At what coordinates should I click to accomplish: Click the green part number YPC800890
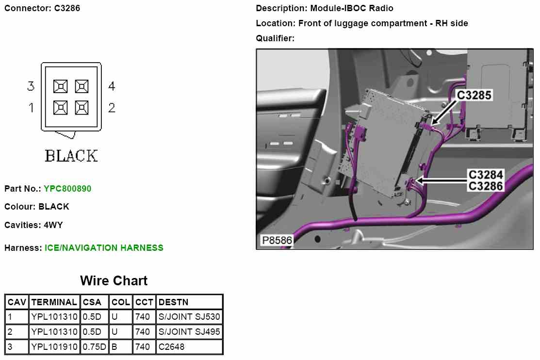pos(67,188)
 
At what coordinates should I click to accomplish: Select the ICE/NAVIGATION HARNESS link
pos(104,248)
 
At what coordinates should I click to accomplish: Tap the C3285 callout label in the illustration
pos(475,96)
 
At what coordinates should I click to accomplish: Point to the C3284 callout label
pos(485,175)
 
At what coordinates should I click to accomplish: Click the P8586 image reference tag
pos(277,240)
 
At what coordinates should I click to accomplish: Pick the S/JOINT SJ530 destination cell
pos(189,317)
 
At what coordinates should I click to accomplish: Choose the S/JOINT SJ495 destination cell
pos(189,332)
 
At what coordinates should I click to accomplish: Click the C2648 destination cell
pos(171,347)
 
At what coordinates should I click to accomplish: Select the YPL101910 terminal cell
pos(54,347)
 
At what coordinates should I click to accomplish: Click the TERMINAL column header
pos(54,302)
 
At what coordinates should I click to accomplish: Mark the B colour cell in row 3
pos(115,347)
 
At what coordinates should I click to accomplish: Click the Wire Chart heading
pos(114,280)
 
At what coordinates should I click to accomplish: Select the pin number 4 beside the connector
pos(112,86)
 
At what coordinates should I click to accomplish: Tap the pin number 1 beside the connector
pos(32,108)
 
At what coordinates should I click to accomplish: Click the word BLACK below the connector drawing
pos(71,156)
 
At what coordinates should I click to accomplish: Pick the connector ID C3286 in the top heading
pos(67,8)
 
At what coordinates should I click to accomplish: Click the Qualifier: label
pos(275,38)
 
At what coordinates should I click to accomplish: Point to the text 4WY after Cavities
pos(53,225)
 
